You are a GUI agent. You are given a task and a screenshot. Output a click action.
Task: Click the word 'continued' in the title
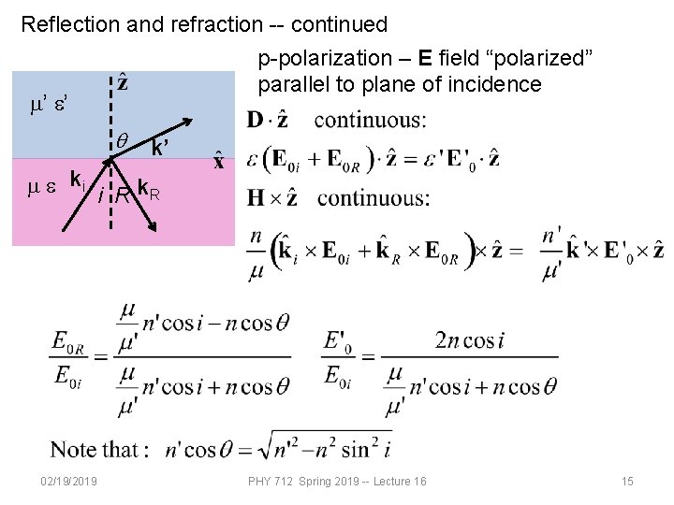[x=340, y=23]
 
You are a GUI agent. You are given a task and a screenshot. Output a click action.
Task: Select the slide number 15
[x=627, y=481]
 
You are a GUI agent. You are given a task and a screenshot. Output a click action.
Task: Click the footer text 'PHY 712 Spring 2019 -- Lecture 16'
[x=337, y=481]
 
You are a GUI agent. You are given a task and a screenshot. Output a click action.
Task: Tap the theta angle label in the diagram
[x=122, y=139]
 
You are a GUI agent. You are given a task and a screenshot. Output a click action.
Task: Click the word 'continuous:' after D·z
[x=370, y=120]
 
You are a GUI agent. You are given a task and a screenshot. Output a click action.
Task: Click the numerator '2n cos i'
[x=470, y=340]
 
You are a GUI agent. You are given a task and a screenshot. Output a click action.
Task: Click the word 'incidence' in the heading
[x=496, y=84]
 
